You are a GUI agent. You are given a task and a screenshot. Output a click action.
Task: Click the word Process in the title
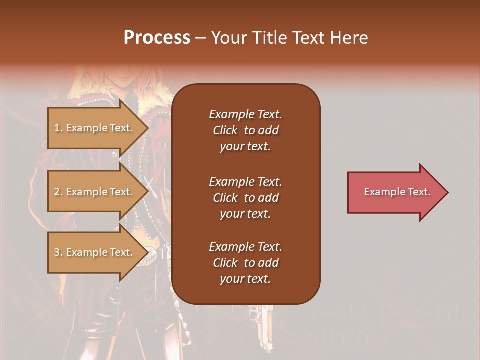click(x=157, y=38)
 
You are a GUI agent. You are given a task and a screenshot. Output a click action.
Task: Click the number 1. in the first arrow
click(x=58, y=128)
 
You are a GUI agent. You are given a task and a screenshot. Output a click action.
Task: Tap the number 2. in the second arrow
click(x=58, y=192)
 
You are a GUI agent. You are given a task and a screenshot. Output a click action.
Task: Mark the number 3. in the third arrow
click(x=58, y=252)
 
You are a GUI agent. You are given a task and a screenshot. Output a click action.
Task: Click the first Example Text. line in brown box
click(x=245, y=114)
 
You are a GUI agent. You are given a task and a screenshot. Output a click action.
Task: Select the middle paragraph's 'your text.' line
click(x=245, y=214)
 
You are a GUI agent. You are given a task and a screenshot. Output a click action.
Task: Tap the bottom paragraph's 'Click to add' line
click(x=245, y=263)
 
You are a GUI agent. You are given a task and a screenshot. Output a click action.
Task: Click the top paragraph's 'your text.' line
click(x=245, y=146)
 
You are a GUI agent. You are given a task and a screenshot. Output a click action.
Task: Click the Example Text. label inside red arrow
click(x=397, y=192)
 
